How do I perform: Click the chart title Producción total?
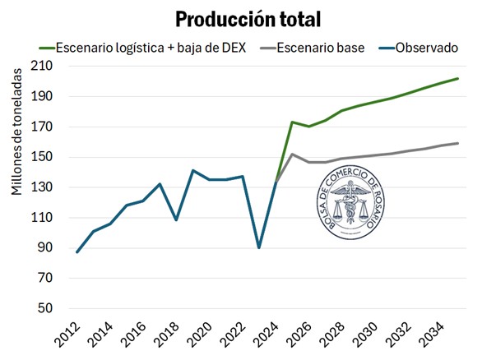click(x=248, y=18)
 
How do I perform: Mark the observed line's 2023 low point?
click(x=259, y=247)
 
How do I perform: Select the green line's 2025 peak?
click(x=292, y=122)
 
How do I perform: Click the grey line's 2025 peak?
click(x=292, y=154)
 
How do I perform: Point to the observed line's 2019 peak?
click(x=192, y=170)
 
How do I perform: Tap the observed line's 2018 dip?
click(x=176, y=219)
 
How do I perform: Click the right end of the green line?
click(x=458, y=78)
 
